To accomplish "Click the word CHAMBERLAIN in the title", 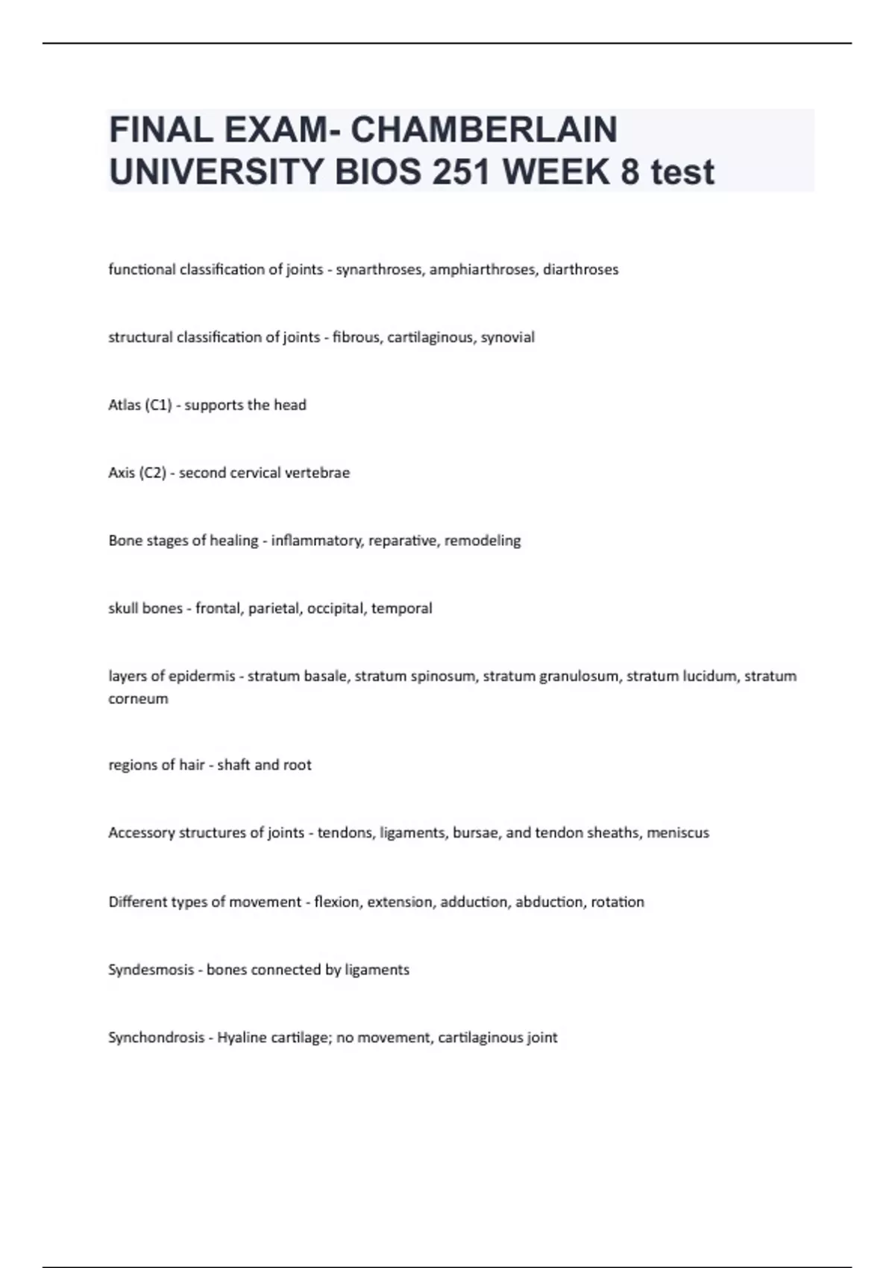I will click(483, 130).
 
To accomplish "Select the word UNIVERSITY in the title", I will click(217, 172).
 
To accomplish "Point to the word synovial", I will click(508, 337).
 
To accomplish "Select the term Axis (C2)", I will click(137, 473).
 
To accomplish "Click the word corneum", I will click(138, 699).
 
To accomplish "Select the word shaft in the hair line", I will click(233, 765).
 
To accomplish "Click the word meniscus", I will click(678, 833).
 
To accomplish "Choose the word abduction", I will click(550, 902).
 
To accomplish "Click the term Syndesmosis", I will click(150, 970).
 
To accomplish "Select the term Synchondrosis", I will click(156, 1038).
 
